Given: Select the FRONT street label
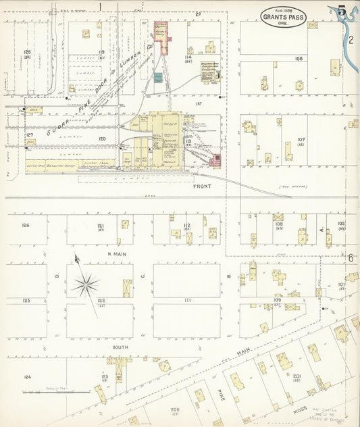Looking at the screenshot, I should pos(202,186).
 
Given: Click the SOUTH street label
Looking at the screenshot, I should pos(120,347).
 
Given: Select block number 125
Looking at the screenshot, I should pos(26,300).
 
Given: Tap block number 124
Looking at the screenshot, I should pos(26,377).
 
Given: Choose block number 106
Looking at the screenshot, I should pos(298,59).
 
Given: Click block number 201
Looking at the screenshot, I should pos(297,375).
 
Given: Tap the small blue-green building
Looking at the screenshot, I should pos(157,78).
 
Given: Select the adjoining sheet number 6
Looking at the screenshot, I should pos(351,257).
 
